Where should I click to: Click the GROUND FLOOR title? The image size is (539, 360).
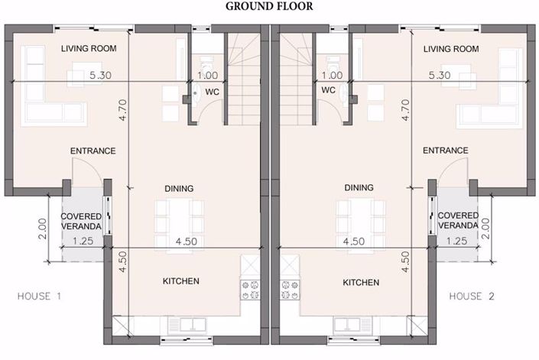click(x=269, y=6)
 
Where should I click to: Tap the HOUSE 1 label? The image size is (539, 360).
click(x=39, y=296)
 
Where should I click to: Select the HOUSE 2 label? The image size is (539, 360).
click(x=472, y=296)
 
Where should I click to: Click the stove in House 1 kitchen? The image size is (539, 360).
click(x=250, y=290)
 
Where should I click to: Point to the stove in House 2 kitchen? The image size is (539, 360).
click(x=290, y=290)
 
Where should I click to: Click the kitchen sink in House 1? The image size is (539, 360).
click(x=187, y=325)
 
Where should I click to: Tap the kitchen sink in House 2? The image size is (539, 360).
click(x=352, y=325)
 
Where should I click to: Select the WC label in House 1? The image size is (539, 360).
click(x=212, y=92)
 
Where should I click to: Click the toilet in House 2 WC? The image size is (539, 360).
click(x=333, y=63)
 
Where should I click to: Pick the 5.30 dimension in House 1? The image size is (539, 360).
click(x=100, y=75)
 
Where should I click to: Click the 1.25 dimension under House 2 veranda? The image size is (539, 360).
click(x=456, y=241)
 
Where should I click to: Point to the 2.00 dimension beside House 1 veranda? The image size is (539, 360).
click(x=42, y=229)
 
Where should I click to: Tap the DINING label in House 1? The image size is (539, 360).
click(x=179, y=188)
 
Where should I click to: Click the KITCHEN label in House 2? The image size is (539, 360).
click(x=361, y=282)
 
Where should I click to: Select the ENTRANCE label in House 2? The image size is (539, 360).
click(x=446, y=151)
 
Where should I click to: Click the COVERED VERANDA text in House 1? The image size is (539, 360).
click(x=81, y=221)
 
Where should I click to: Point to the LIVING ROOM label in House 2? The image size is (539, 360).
click(x=451, y=49)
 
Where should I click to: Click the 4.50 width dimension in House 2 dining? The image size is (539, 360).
click(x=354, y=241)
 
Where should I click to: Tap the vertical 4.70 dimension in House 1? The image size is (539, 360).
click(x=123, y=110)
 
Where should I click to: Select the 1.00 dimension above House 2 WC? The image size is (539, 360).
click(x=332, y=75)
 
